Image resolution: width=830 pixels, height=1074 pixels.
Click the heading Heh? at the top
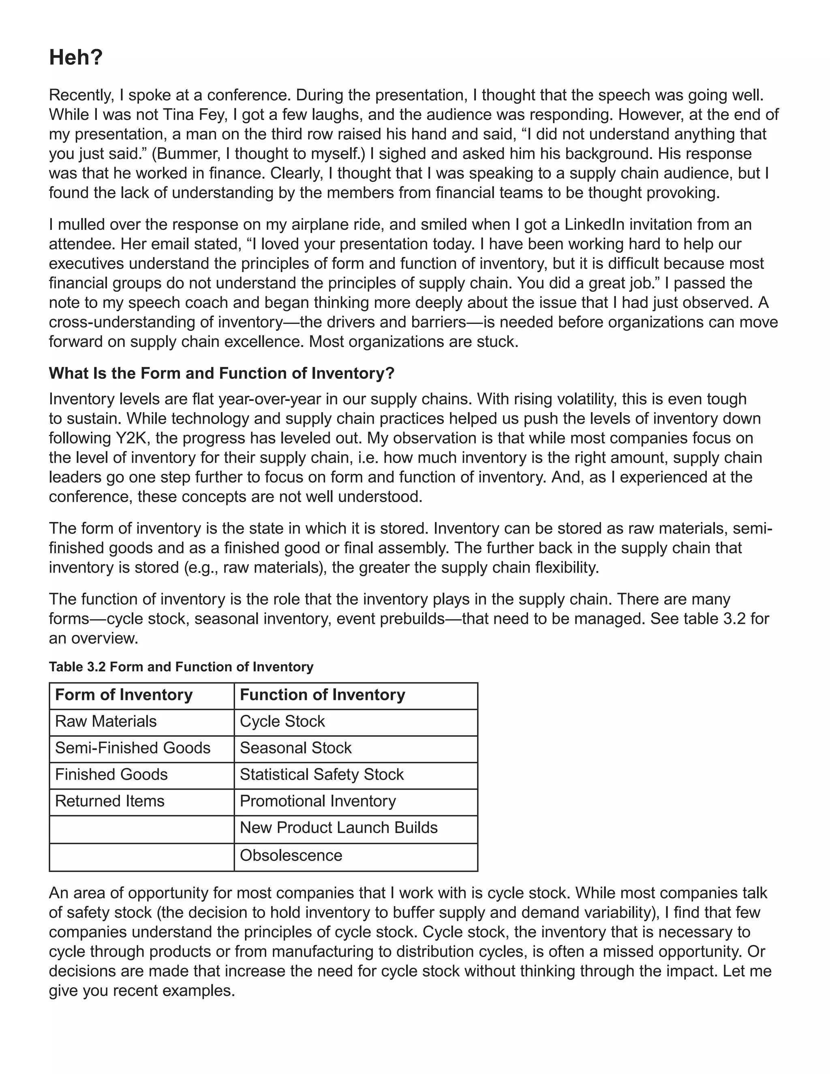(x=76, y=58)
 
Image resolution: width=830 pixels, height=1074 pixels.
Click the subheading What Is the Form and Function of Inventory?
(x=221, y=373)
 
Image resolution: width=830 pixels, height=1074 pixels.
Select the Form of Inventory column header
(x=124, y=695)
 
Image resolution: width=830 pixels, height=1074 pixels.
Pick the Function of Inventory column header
(x=322, y=695)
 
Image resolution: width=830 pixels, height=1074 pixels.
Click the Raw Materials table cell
(x=106, y=721)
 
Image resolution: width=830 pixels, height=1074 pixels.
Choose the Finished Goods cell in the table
(x=111, y=774)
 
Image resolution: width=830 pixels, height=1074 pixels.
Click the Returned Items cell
(x=110, y=801)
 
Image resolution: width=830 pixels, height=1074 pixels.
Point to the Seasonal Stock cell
(x=295, y=748)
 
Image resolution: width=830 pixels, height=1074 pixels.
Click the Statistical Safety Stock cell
(x=321, y=774)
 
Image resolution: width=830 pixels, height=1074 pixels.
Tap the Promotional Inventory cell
(x=318, y=801)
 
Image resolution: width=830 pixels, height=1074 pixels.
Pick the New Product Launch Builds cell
(x=338, y=828)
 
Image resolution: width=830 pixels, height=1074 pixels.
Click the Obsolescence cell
(x=291, y=855)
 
